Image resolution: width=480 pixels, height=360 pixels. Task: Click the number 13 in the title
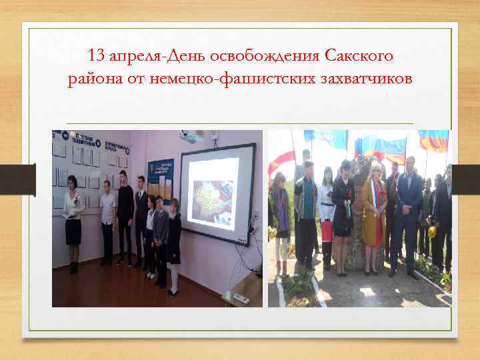(x=97, y=53)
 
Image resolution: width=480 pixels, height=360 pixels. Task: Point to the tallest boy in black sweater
(x=124, y=213)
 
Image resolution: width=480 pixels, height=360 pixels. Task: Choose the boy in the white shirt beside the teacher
(x=107, y=220)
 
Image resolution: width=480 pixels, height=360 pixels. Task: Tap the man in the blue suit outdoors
(x=408, y=213)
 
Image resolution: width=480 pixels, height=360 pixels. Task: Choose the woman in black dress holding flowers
(x=343, y=213)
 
